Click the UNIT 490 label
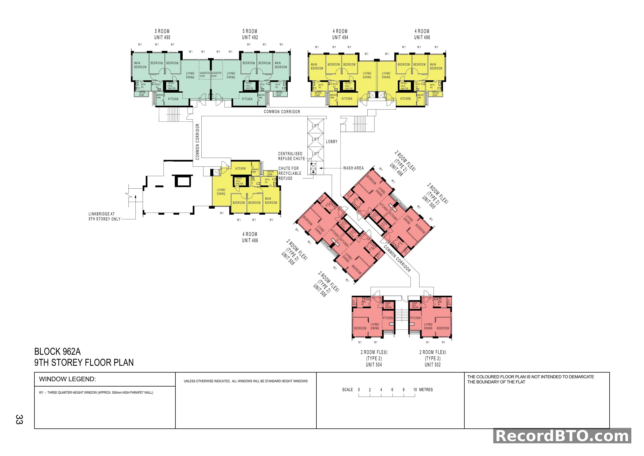pyautogui.click(x=162, y=37)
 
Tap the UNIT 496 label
pyautogui.click(x=422, y=37)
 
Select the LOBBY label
pyautogui.click(x=332, y=142)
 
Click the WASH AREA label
pyautogui.click(x=353, y=168)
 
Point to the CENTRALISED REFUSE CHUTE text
pyautogui.click(x=291, y=156)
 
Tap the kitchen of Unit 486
pyautogui.click(x=240, y=169)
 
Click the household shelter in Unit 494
pyautogui.click(x=348, y=86)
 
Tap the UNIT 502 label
pyautogui.click(x=433, y=365)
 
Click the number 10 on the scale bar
pyautogui.click(x=415, y=389)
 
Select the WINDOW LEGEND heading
pyautogui.click(x=67, y=379)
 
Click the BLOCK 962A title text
pyautogui.click(x=57, y=352)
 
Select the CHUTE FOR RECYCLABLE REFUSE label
pyautogui.click(x=290, y=173)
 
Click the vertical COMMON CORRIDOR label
pyautogui.click(x=198, y=142)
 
